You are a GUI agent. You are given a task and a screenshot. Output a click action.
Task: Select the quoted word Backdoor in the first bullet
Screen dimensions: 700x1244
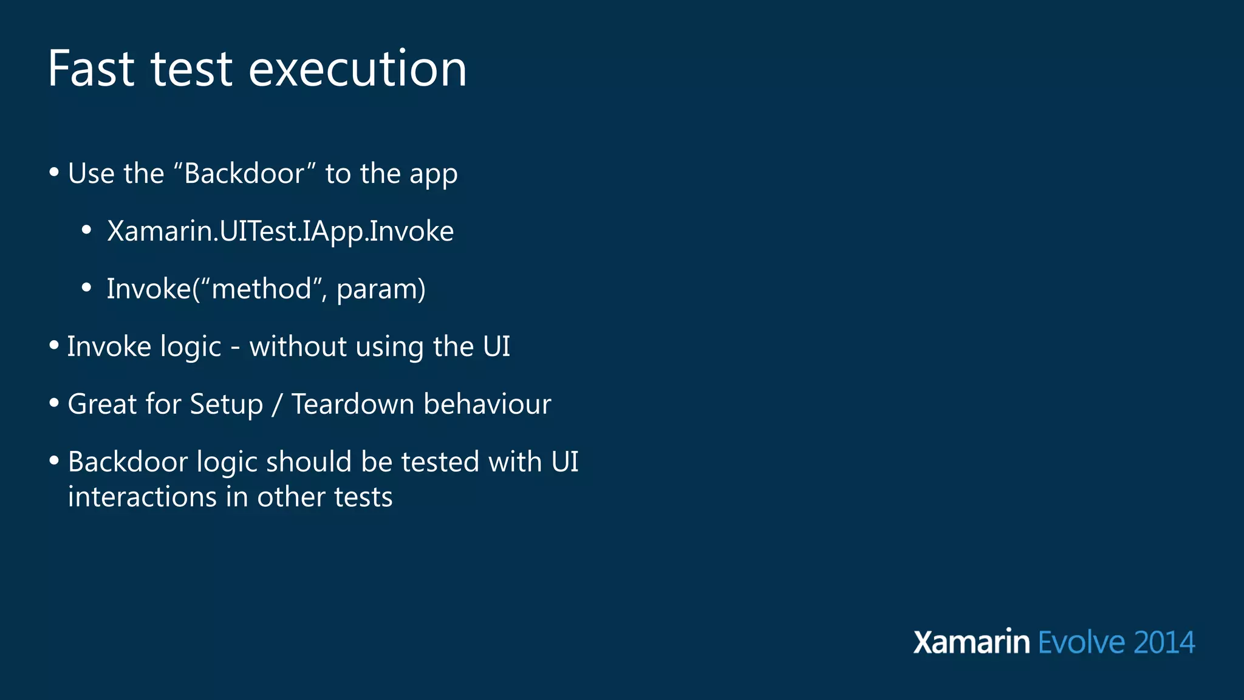(x=244, y=174)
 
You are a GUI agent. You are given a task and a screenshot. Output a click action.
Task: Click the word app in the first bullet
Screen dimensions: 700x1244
(x=433, y=175)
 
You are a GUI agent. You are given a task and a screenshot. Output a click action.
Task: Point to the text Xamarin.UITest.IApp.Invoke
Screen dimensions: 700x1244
(x=280, y=232)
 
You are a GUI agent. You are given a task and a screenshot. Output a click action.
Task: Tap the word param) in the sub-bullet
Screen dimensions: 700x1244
(x=381, y=290)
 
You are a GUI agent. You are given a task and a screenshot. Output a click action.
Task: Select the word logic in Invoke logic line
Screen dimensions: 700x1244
(x=191, y=348)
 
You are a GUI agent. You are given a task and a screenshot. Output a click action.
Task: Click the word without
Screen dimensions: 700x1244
(x=298, y=346)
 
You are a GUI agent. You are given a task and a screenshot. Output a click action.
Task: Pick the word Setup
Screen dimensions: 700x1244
(x=227, y=405)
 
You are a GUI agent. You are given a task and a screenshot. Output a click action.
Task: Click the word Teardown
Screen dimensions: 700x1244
(x=352, y=404)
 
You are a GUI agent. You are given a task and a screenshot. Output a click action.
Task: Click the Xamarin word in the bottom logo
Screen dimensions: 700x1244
(x=971, y=643)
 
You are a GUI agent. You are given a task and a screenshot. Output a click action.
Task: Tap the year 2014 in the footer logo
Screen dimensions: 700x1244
(x=1164, y=643)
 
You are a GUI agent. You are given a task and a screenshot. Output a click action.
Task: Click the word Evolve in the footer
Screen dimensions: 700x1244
(x=1082, y=643)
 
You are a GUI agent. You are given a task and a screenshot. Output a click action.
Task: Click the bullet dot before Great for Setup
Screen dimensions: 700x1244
(x=54, y=403)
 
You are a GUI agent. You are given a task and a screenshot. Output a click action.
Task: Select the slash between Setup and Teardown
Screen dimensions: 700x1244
(x=277, y=405)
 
